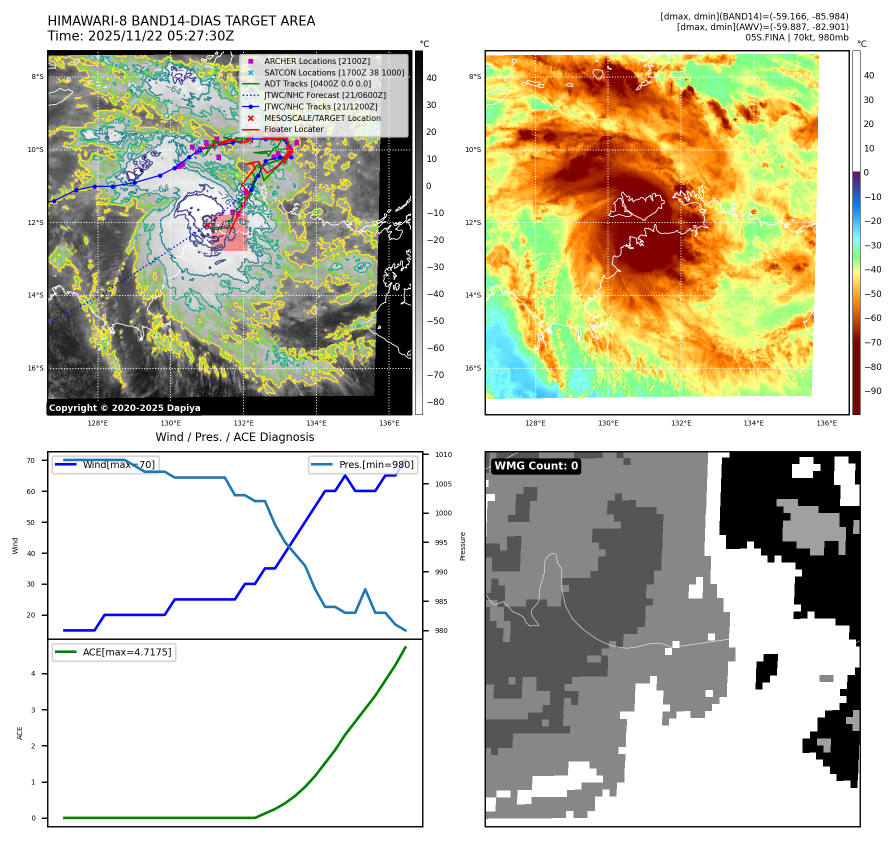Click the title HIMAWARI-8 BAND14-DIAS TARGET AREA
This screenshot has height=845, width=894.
[181, 21]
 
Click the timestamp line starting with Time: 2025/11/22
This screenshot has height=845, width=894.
[140, 36]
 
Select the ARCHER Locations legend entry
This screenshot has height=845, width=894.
[317, 61]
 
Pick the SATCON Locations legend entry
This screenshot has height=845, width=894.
[334, 72]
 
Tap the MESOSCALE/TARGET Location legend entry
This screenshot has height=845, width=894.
[322, 118]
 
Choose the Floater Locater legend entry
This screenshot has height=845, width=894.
[293, 129]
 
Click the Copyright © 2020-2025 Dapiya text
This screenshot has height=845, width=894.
[124, 408]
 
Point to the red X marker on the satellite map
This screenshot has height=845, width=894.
[207, 225]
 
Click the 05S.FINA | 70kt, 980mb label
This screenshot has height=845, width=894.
[796, 37]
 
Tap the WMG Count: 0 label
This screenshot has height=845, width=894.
[536, 466]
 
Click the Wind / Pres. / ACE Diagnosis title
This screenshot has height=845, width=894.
[234, 437]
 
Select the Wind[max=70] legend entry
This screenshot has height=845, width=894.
[118, 464]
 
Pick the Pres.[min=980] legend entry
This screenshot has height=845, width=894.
[376, 464]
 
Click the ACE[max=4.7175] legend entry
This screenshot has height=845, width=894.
[126, 652]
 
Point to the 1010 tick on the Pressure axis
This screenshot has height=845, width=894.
[443, 454]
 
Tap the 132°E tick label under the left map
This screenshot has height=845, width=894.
[243, 423]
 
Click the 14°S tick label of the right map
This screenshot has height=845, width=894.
[472, 295]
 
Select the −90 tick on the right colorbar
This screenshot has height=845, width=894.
[872, 391]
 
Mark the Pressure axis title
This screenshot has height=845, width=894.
[462, 546]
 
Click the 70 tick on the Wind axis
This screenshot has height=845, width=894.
[31, 460]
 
